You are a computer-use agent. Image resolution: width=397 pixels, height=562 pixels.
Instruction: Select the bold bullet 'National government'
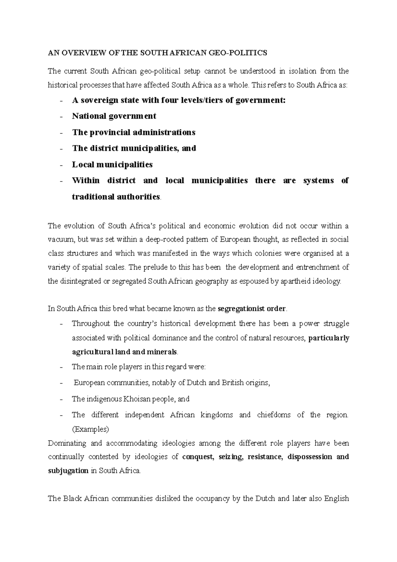pyautogui.click(x=114, y=116)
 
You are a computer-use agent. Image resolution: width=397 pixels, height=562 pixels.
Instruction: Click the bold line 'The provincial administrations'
pyautogui.click(x=134, y=132)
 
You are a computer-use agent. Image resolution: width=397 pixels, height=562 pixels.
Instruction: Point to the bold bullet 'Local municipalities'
pyautogui.click(x=112, y=164)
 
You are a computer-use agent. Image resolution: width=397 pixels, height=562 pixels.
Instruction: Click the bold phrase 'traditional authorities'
pyautogui.click(x=116, y=197)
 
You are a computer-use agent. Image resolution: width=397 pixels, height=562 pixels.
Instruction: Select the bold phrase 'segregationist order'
pyautogui.click(x=251, y=309)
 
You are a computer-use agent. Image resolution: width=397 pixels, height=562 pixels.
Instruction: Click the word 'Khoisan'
pyautogui.click(x=137, y=399)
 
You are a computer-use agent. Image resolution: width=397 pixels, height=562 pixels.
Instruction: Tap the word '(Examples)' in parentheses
pyautogui.click(x=90, y=430)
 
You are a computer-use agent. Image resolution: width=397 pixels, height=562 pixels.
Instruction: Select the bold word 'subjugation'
pyautogui.click(x=68, y=471)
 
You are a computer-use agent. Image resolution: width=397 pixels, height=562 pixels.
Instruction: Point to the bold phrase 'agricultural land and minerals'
pyautogui.click(x=124, y=352)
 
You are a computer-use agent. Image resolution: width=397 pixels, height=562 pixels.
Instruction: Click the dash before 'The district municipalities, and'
pyautogui.click(x=61, y=149)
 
